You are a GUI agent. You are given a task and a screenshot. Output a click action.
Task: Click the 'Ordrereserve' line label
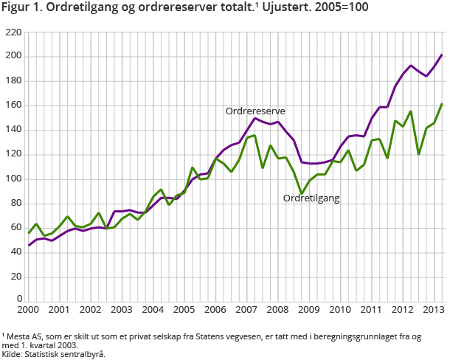coord(255,111)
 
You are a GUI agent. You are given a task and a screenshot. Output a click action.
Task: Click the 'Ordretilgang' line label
coord(312,198)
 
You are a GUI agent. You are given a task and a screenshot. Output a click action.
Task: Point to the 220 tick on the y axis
coord(13,32)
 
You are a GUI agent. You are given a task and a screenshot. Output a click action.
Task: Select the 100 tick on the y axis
coord(13,179)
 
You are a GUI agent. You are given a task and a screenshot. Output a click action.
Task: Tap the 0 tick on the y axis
coord(18,301)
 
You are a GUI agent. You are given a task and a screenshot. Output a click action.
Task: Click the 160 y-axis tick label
coord(13,105)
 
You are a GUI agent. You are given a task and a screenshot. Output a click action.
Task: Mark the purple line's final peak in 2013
coord(442,55)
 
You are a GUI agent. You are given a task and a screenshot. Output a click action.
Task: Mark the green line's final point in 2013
coord(442,104)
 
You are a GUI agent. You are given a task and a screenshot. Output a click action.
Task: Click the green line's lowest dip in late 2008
coord(301,193)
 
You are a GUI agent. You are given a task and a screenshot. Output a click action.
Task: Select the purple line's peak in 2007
coord(255,118)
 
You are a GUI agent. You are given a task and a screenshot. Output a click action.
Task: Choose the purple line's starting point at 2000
coord(29,245)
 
